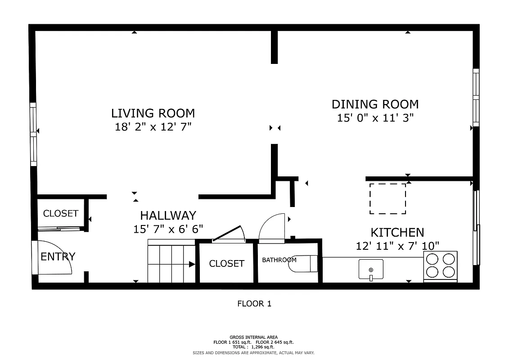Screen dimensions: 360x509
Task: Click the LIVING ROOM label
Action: (x=153, y=113)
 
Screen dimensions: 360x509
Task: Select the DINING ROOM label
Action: (x=375, y=104)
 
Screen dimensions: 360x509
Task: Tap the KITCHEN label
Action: (x=397, y=233)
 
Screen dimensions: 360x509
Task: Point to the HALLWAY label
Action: (x=168, y=216)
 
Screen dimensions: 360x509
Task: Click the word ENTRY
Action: (x=58, y=257)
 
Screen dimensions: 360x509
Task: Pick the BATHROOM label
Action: (x=279, y=260)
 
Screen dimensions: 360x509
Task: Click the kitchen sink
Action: (x=371, y=269)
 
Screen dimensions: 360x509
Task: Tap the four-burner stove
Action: (x=440, y=265)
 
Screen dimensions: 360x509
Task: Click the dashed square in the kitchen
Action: (x=387, y=198)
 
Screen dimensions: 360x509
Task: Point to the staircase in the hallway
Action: (x=171, y=264)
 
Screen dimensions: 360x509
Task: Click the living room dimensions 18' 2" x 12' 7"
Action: (x=153, y=127)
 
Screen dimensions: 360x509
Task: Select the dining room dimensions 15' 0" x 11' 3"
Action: (x=375, y=118)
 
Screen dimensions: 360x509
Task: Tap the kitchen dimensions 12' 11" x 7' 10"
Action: (x=397, y=246)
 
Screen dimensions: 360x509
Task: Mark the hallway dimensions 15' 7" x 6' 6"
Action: (x=168, y=229)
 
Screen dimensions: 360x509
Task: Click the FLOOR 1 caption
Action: (x=254, y=304)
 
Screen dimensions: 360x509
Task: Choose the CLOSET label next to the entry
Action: (x=61, y=214)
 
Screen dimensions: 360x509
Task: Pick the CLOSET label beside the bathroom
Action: (x=226, y=264)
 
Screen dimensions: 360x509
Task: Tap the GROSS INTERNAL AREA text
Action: (x=253, y=337)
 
